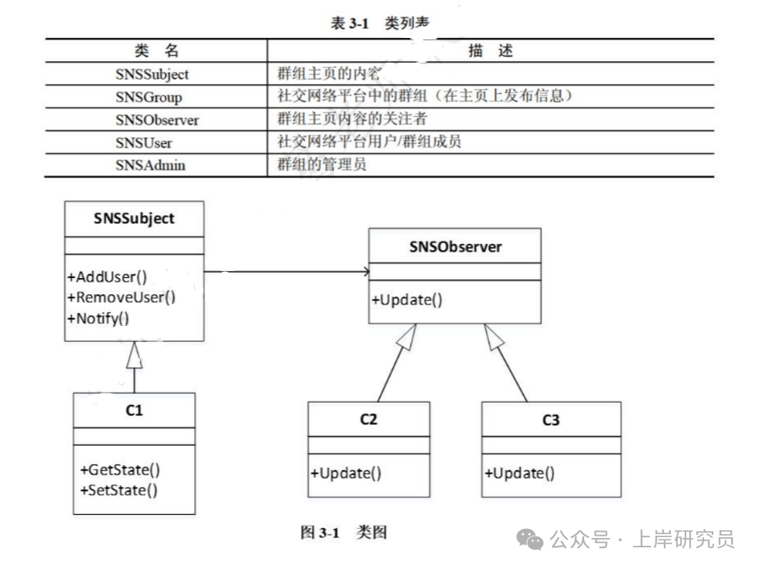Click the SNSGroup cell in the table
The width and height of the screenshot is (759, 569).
click(149, 97)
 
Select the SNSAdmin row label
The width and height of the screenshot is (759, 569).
click(150, 165)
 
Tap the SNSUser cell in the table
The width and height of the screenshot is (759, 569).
click(144, 142)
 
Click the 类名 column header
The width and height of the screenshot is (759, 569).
click(156, 51)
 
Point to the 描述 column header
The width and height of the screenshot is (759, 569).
click(491, 51)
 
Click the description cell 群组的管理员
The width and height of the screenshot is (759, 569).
click(321, 164)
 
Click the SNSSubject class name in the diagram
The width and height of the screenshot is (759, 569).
click(134, 218)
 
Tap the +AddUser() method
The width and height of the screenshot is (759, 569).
click(108, 276)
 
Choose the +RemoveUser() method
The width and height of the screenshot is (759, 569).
click(121, 296)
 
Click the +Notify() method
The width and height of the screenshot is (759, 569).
click(98, 317)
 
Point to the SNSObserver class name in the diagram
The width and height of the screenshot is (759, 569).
click(455, 247)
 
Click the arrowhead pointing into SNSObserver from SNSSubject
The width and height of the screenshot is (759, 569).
click(364, 272)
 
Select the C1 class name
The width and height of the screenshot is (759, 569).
click(134, 410)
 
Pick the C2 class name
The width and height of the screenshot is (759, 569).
click(368, 420)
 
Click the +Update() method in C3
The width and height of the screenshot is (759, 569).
click(519, 473)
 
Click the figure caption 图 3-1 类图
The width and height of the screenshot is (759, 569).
click(344, 533)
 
